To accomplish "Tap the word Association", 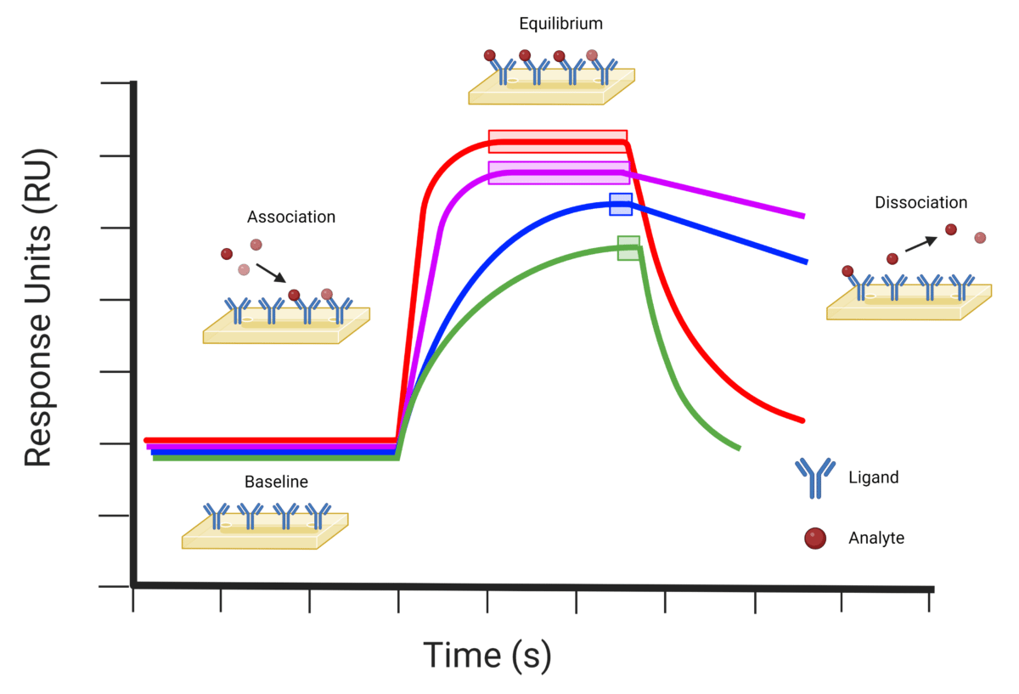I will [291, 217].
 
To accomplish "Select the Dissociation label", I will [920, 203].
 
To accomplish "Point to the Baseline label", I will [276, 482].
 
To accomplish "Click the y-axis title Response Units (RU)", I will [39, 308].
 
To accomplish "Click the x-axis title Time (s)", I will [487, 655].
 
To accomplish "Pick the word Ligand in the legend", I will [873, 477].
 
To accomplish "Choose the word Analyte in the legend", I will [876, 538].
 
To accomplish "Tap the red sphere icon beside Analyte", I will [814, 538].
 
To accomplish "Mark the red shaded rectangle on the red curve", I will [558, 141].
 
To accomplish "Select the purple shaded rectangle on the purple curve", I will [559, 172].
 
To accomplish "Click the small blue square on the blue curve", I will [621, 204].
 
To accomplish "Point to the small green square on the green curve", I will [628, 248].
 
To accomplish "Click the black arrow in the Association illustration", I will [273, 272].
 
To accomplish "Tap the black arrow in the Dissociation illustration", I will [920, 245].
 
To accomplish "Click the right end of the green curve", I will [738, 447].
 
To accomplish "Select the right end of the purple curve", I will [802, 216].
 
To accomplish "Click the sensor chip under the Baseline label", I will [265, 530].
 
